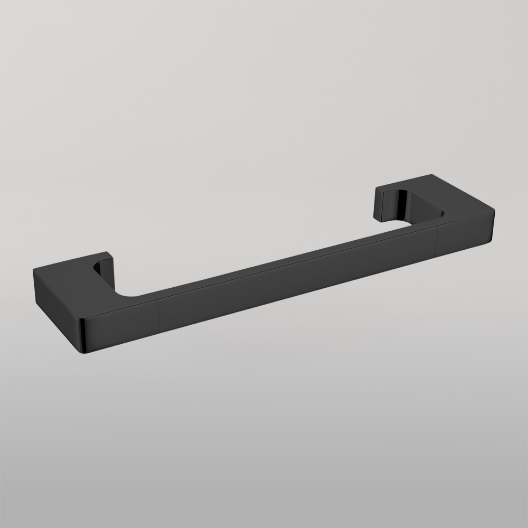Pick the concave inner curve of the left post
click(x=98, y=267)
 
